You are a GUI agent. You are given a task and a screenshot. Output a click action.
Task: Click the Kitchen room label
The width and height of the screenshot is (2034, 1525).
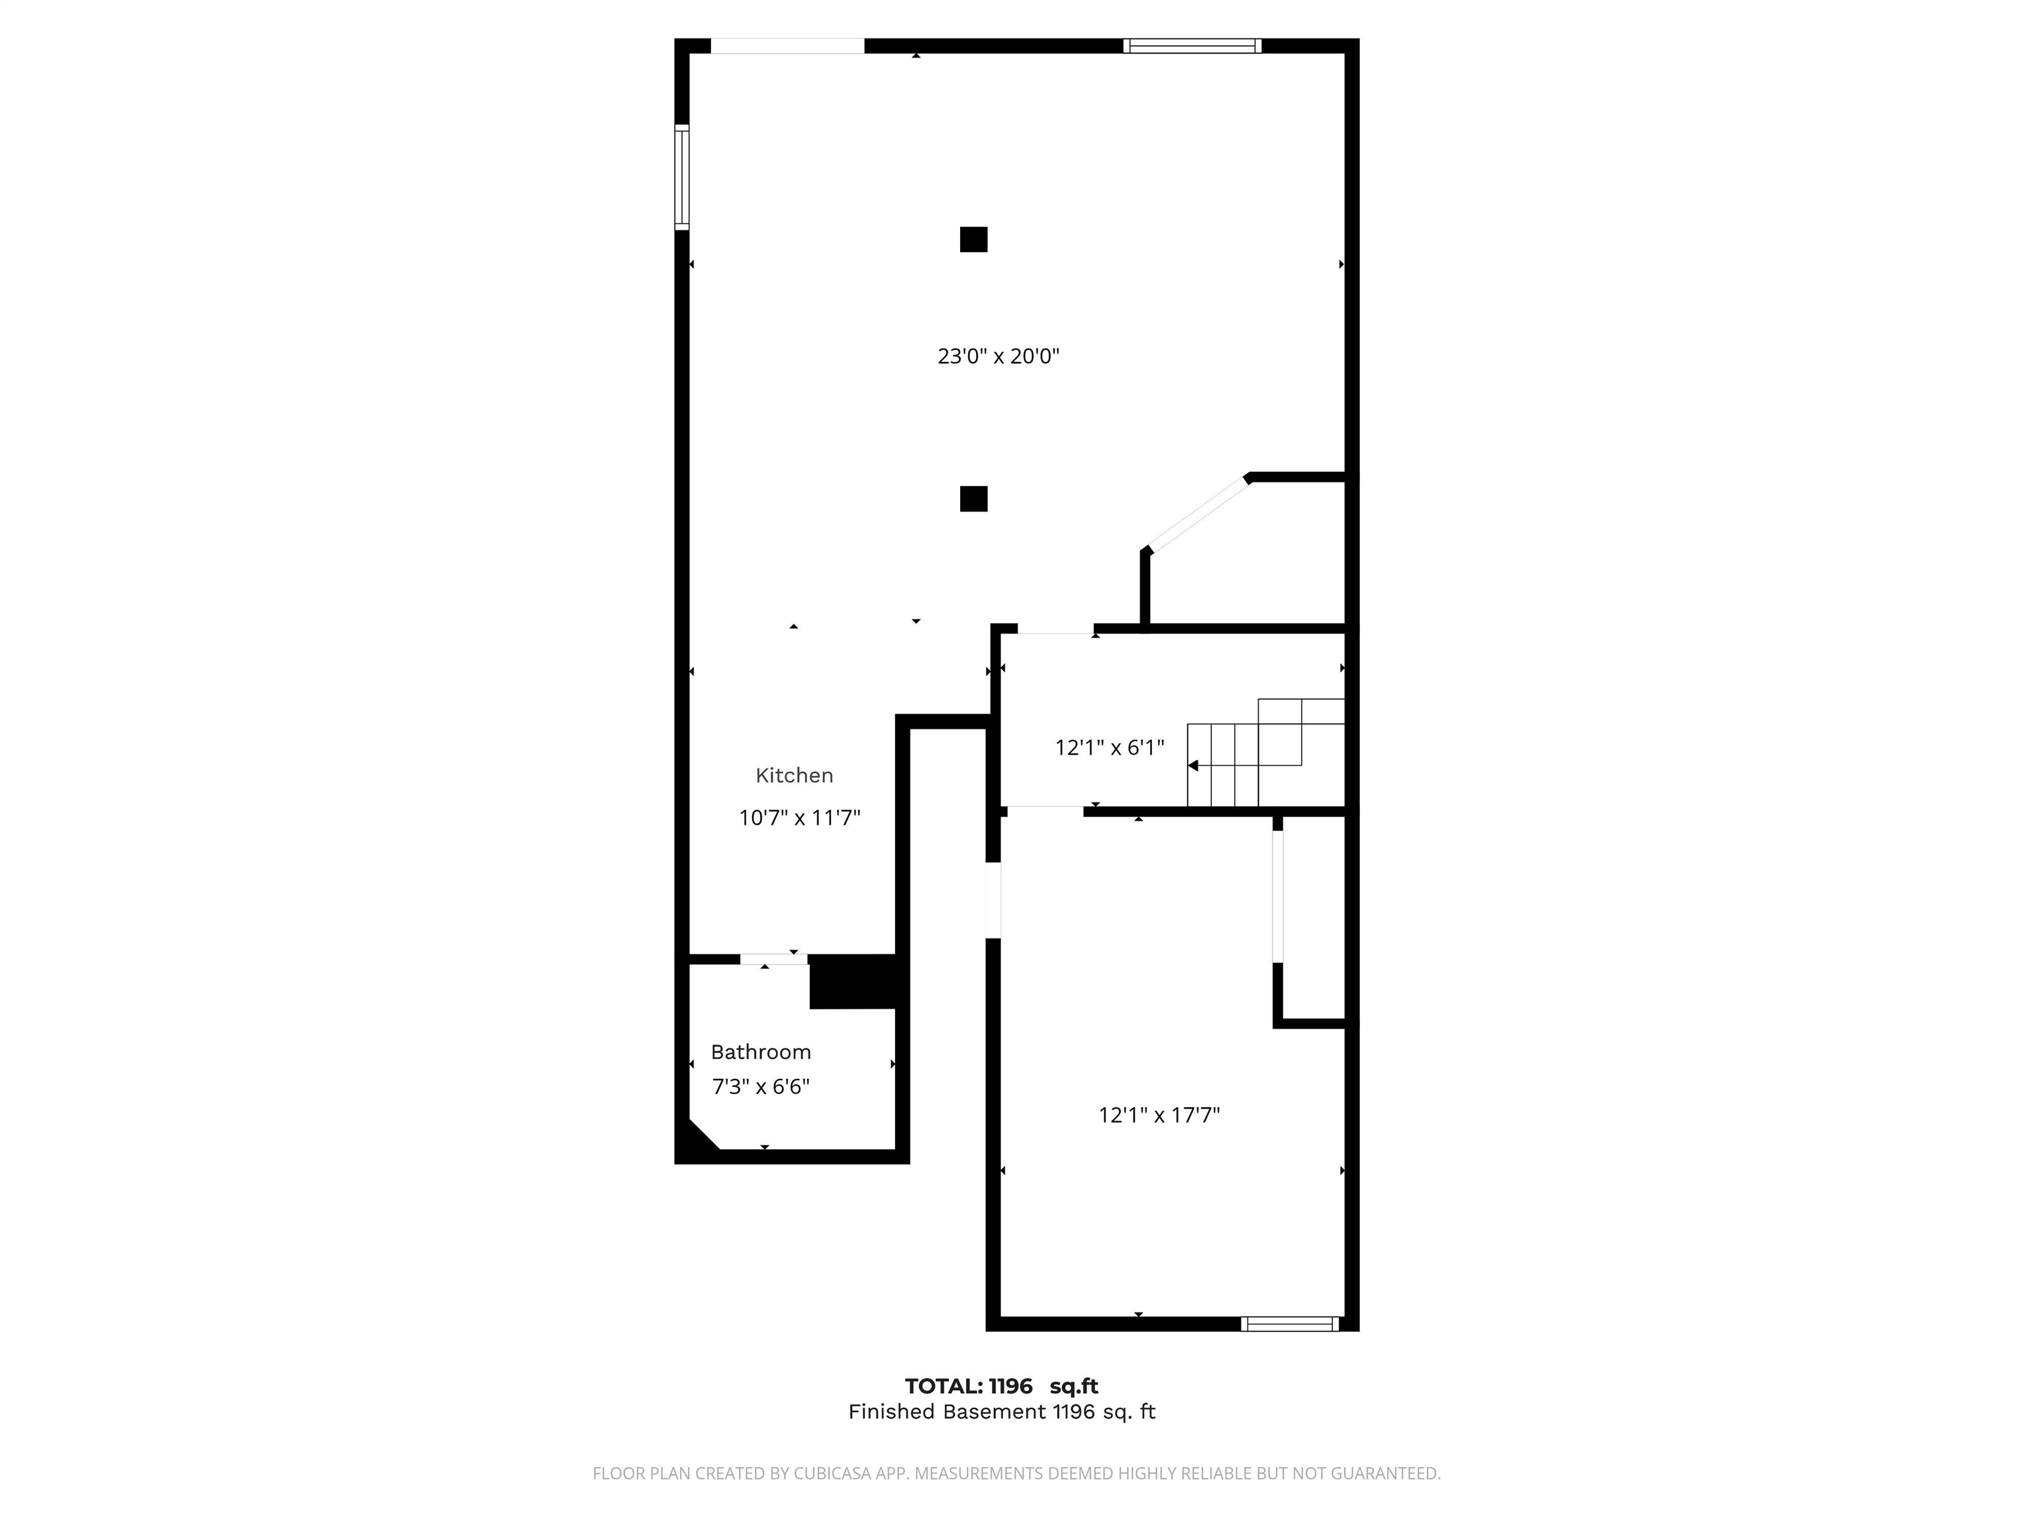tap(794, 775)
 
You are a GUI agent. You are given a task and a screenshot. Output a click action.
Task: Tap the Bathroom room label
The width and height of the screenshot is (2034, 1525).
tap(761, 1052)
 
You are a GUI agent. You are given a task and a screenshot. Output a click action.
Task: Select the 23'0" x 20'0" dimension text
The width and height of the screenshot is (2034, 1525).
tap(998, 355)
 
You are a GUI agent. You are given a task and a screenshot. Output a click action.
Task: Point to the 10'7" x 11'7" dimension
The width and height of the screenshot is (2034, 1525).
tap(799, 817)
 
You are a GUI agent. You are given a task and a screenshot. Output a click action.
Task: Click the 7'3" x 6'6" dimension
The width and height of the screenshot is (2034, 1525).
tap(761, 1087)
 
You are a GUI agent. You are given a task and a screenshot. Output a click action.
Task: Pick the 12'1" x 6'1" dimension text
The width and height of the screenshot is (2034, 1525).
tap(1109, 747)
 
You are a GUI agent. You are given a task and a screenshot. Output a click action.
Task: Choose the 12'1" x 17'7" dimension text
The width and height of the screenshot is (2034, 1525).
tap(1159, 1115)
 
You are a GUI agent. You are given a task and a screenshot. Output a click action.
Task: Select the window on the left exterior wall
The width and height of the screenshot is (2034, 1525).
tap(681, 177)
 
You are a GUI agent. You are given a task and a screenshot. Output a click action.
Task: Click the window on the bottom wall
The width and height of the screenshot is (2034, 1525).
tap(1289, 1324)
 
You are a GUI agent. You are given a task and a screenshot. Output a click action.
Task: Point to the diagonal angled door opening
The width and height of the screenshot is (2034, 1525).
tap(1198, 515)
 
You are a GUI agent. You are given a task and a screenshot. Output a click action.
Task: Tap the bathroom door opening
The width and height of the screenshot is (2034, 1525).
tap(773, 959)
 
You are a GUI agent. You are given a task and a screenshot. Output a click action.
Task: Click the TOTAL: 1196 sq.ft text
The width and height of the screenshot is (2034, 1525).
tap(1000, 1386)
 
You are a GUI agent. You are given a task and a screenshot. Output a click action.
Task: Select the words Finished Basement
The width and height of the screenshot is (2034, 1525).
tap(946, 1412)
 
